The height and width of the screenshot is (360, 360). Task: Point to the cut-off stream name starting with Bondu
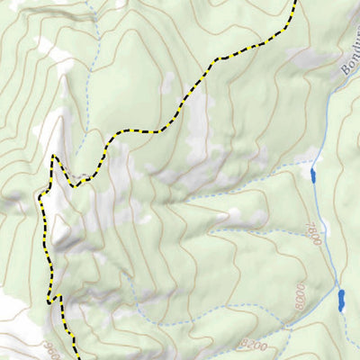tap(348, 54)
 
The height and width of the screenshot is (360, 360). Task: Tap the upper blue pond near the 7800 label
tap(313, 175)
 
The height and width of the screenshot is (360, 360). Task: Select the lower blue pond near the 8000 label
tap(341, 300)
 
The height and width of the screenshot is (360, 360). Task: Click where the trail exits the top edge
tap(294, 2)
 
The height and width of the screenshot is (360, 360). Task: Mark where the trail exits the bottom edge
tap(74, 357)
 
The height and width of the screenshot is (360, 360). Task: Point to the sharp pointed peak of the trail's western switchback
tap(54, 157)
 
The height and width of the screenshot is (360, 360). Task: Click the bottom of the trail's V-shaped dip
tap(76, 185)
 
